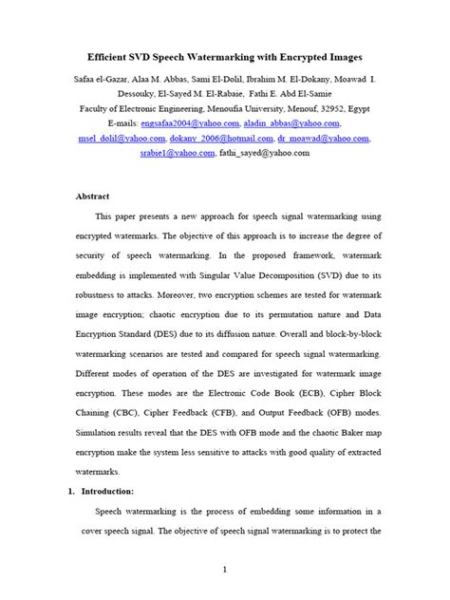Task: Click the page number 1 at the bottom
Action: (x=224, y=570)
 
